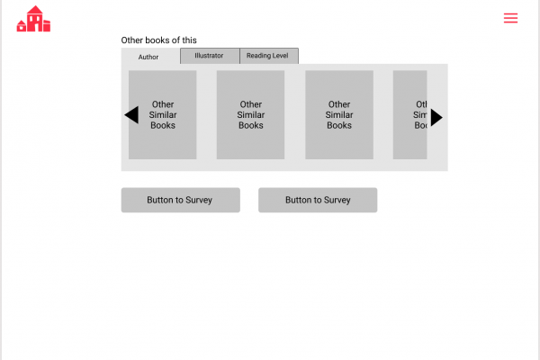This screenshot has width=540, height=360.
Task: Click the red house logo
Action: (33, 19)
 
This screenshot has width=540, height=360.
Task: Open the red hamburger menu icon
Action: (510, 18)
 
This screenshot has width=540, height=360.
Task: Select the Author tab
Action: (148, 57)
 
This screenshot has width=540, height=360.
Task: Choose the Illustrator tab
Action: (210, 56)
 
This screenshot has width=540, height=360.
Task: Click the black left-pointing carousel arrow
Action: (131, 114)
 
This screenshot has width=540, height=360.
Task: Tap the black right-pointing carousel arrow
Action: (436, 118)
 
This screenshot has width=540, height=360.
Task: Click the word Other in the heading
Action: (132, 40)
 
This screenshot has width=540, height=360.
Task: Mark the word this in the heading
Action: (189, 40)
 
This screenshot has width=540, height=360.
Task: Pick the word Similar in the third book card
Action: (339, 114)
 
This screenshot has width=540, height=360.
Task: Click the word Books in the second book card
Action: (251, 125)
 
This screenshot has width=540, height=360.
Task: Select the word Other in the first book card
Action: (163, 104)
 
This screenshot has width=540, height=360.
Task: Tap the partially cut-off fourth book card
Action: (409, 114)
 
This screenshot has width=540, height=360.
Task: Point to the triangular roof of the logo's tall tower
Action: (35, 10)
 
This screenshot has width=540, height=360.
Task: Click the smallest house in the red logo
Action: (22, 26)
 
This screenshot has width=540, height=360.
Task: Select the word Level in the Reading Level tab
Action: (280, 56)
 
